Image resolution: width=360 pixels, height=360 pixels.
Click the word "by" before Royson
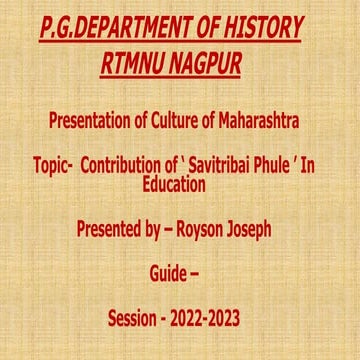[x=163, y=229]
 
